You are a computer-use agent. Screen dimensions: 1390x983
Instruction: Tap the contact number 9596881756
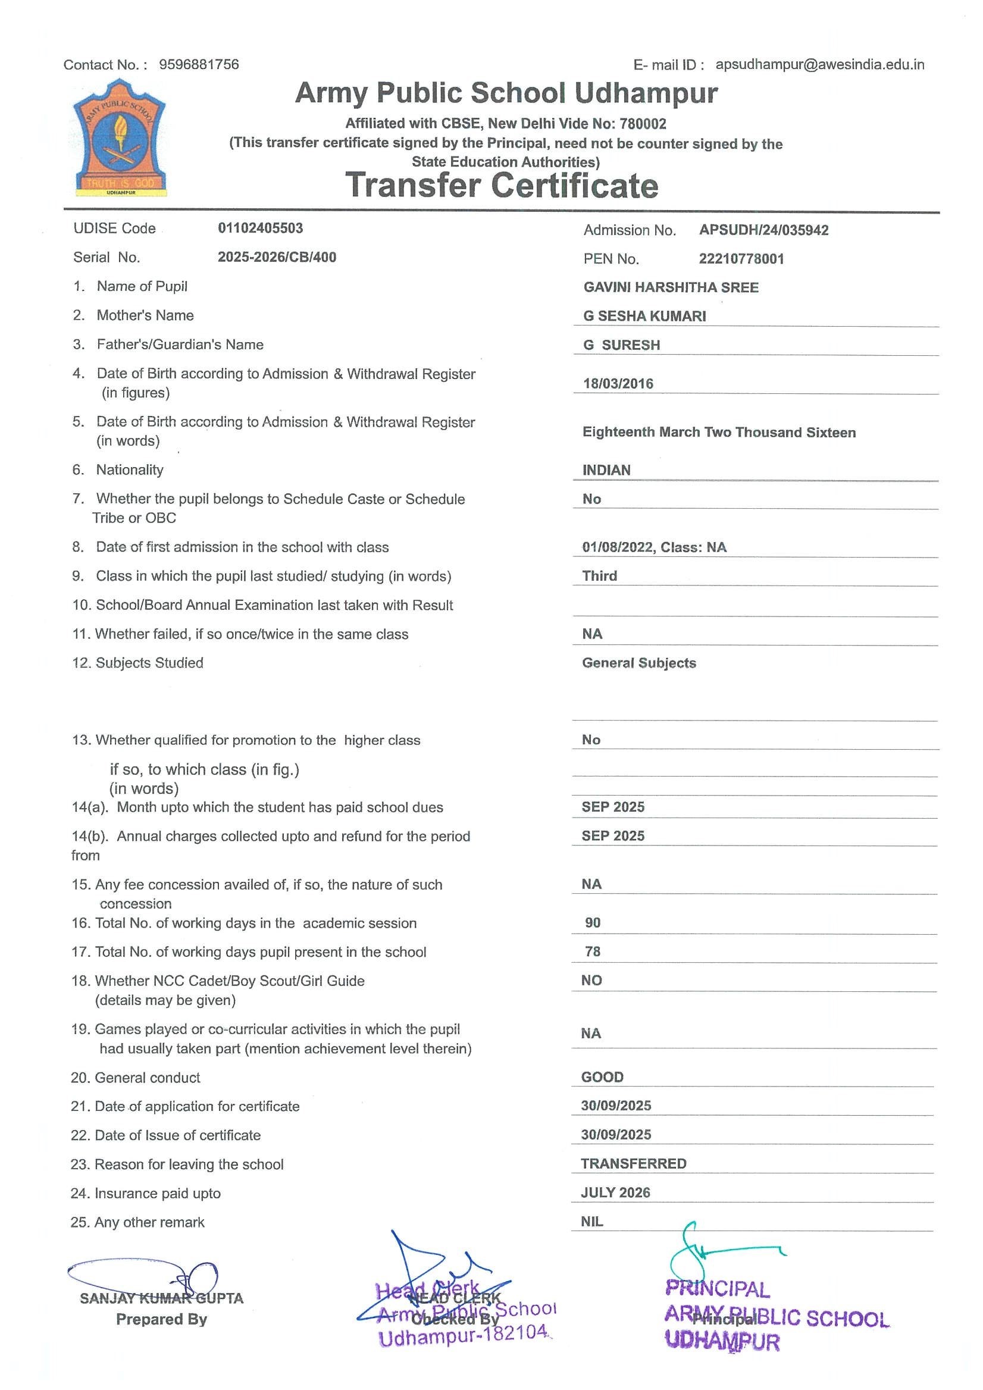(x=199, y=64)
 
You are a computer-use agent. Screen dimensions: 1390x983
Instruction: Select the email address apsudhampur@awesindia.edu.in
(x=819, y=64)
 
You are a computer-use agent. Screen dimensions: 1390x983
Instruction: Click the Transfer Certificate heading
(x=501, y=185)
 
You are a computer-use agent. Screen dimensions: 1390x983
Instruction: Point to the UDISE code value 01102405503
(x=260, y=228)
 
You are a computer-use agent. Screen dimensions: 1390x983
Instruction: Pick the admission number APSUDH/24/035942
(x=763, y=230)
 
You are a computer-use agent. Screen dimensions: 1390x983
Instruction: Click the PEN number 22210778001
(x=741, y=259)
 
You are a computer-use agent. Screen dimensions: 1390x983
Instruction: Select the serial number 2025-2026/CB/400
(x=277, y=257)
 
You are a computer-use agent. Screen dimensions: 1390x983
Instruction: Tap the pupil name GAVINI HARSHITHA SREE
(x=670, y=287)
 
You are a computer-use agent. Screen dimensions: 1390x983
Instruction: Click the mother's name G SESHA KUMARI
(x=644, y=316)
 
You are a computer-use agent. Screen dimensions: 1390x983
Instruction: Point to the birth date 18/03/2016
(x=618, y=383)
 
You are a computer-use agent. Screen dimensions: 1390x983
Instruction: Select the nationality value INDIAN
(x=606, y=470)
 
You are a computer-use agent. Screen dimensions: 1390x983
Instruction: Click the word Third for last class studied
(x=599, y=576)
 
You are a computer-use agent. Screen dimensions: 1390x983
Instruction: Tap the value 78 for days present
(x=593, y=951)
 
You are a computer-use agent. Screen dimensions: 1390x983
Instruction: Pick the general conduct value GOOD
(x=602, y=1077)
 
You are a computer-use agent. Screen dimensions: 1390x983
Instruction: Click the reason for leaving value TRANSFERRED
(x=633, y=1163)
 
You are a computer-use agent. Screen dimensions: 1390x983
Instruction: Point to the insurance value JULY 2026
(x=615, y=1192)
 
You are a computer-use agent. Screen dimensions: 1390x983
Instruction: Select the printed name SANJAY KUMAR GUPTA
(x=161, y=1298)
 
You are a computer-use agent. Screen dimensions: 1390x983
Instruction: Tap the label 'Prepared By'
(x=161, y=1319)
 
